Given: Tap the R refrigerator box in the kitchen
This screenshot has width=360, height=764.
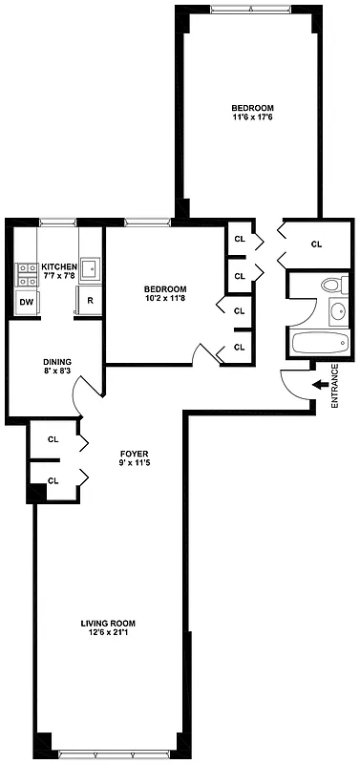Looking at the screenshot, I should [89, 301].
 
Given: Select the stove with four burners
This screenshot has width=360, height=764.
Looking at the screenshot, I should [25, 275].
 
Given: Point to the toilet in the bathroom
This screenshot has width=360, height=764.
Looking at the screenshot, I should [331, 284].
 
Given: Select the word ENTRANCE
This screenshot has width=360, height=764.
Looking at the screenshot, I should [334, 386].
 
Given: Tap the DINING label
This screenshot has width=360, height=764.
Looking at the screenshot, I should [57, 361].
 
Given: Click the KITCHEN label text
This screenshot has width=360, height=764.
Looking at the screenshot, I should [59, 266].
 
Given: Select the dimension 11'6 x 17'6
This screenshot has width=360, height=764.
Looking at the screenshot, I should [253, 117].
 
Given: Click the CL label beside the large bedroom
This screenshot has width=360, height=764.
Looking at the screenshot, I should [317, 244].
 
